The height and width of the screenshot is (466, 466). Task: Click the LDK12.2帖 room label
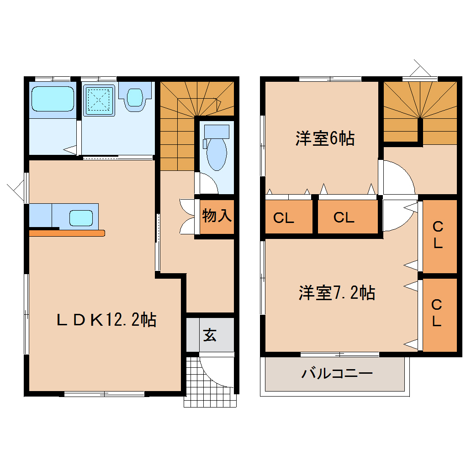click(106, 320)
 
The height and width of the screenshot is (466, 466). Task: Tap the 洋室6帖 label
click(324, 138)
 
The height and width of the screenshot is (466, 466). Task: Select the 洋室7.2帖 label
click(337, 292)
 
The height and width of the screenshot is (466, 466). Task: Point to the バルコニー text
click(337, 374)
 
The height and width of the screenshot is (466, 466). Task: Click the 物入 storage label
click(217, 216)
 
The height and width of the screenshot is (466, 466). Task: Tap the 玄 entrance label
click(210, 335)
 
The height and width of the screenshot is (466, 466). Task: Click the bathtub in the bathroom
click(53, 99)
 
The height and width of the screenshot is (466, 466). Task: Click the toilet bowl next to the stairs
click(217, 151)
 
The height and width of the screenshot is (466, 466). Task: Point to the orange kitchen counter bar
click(67, 233)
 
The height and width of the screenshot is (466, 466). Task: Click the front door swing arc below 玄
click(215, 370)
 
